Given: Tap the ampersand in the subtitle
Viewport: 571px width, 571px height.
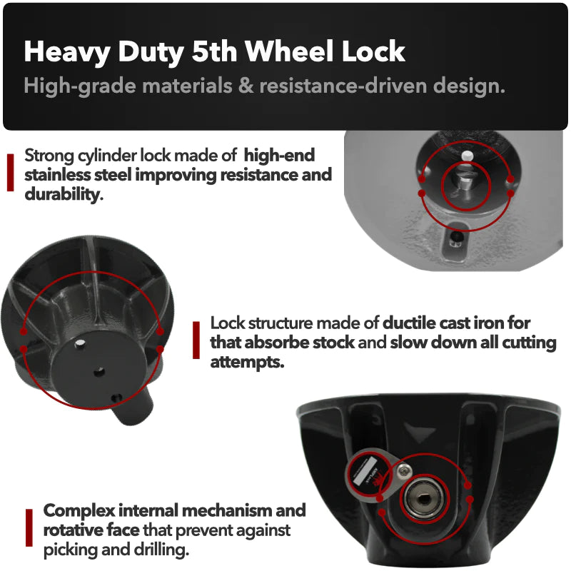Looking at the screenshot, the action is pyautogui.click(x=246, y=86).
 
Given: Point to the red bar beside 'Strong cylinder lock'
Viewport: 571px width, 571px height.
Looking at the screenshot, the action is pyautogui.click(x=10, y=172).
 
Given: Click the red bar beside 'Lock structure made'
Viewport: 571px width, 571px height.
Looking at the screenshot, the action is pyautogui.click(x=196, y=340).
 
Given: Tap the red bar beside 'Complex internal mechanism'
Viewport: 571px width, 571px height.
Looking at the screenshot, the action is pyautogui.click(x=29, y=527).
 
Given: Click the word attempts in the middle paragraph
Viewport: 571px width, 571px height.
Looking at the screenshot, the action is pyautogui.click(x=247, y=362).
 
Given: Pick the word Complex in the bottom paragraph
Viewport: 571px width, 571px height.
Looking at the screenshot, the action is pyautogui.click(x=79, y=511).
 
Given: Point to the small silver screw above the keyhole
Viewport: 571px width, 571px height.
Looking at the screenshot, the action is pyautogui.click(x=403, y=472).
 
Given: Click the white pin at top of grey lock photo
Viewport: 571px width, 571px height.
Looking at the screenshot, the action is pyautogui.click(x=467, y=156).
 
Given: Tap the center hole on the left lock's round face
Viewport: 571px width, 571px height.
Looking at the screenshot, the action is pyautogui.click(x=98, y=372).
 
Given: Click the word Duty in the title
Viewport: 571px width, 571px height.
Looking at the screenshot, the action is pyautogui.click(x=151, y=51).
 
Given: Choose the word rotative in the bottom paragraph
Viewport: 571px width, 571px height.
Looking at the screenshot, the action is pyautogui.click(x=73, y=530).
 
